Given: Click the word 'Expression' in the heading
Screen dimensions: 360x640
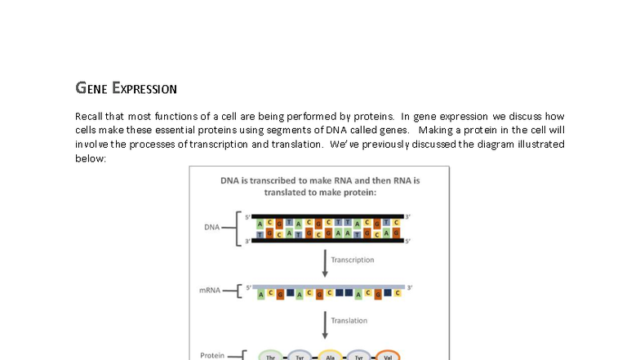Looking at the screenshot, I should (x=144, y=88).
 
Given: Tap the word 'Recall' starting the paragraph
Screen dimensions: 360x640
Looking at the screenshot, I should (x=89, y=117).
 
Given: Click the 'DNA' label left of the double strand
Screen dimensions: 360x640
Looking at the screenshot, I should (x=211, y=227).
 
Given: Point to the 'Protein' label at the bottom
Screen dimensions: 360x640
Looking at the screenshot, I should (x=213, y=355).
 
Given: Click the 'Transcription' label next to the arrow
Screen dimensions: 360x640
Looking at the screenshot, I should (x=353, y=260).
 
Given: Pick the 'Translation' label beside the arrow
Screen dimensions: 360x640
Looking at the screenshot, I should (x=349, y=321).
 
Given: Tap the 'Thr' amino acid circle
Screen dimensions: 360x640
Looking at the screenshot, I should (x=271, y=357).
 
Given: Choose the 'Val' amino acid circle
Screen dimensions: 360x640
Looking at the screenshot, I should (x=387, y=357).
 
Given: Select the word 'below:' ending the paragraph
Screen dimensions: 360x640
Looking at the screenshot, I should (x=91, y=158).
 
